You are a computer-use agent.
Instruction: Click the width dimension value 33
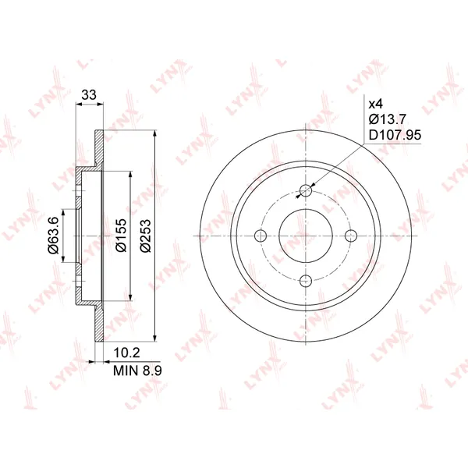click(89, 95)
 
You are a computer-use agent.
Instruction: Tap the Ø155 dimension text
click(121, 236)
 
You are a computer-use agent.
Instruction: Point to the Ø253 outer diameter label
click(147, 236)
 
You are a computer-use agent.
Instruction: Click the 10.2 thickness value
click(126, 353)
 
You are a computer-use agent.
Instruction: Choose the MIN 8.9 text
click(137, 370)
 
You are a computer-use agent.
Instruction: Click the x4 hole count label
click(375, 105)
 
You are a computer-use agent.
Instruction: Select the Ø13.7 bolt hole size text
click(388, 119)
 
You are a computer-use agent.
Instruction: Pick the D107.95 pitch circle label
click(395, 135)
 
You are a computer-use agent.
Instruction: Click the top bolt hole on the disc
click(306, 190)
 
